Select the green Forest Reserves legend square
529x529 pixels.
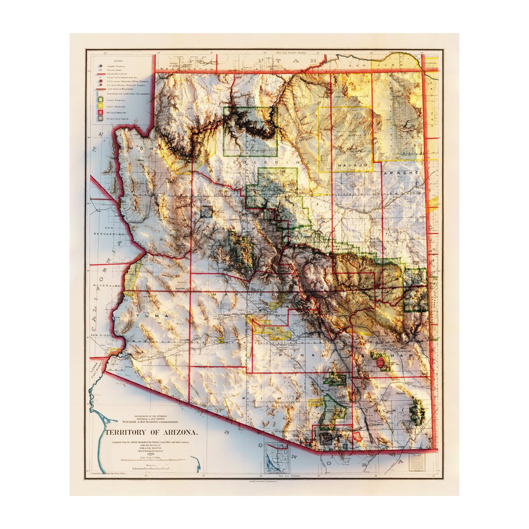pyautogui.click(x=101, y=100)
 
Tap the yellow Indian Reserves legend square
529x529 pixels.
pyautogui.click(x=101, y=106)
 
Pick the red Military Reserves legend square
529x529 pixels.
pyautogui.click(x=101, y=112)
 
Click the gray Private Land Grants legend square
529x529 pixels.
pyautogui.click(x=101, y=118)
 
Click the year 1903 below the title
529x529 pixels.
pyautogui.click(x=150, y=453)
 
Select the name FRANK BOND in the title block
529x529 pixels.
pyautogui.click(x=150, y=448)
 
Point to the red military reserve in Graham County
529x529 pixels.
pyautogui.click(x=381, y=361)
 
